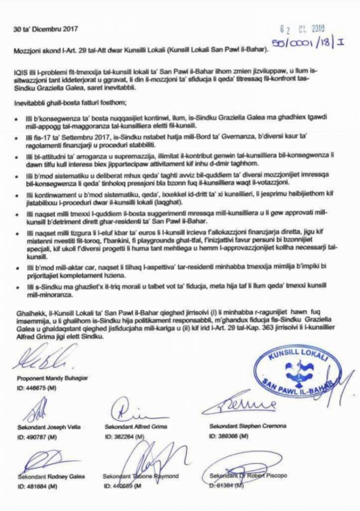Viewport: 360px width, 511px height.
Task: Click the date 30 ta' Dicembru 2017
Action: point(40,29)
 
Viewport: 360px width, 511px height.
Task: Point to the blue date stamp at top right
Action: point(303,29)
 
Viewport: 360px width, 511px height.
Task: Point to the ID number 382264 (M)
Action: point(125,436)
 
